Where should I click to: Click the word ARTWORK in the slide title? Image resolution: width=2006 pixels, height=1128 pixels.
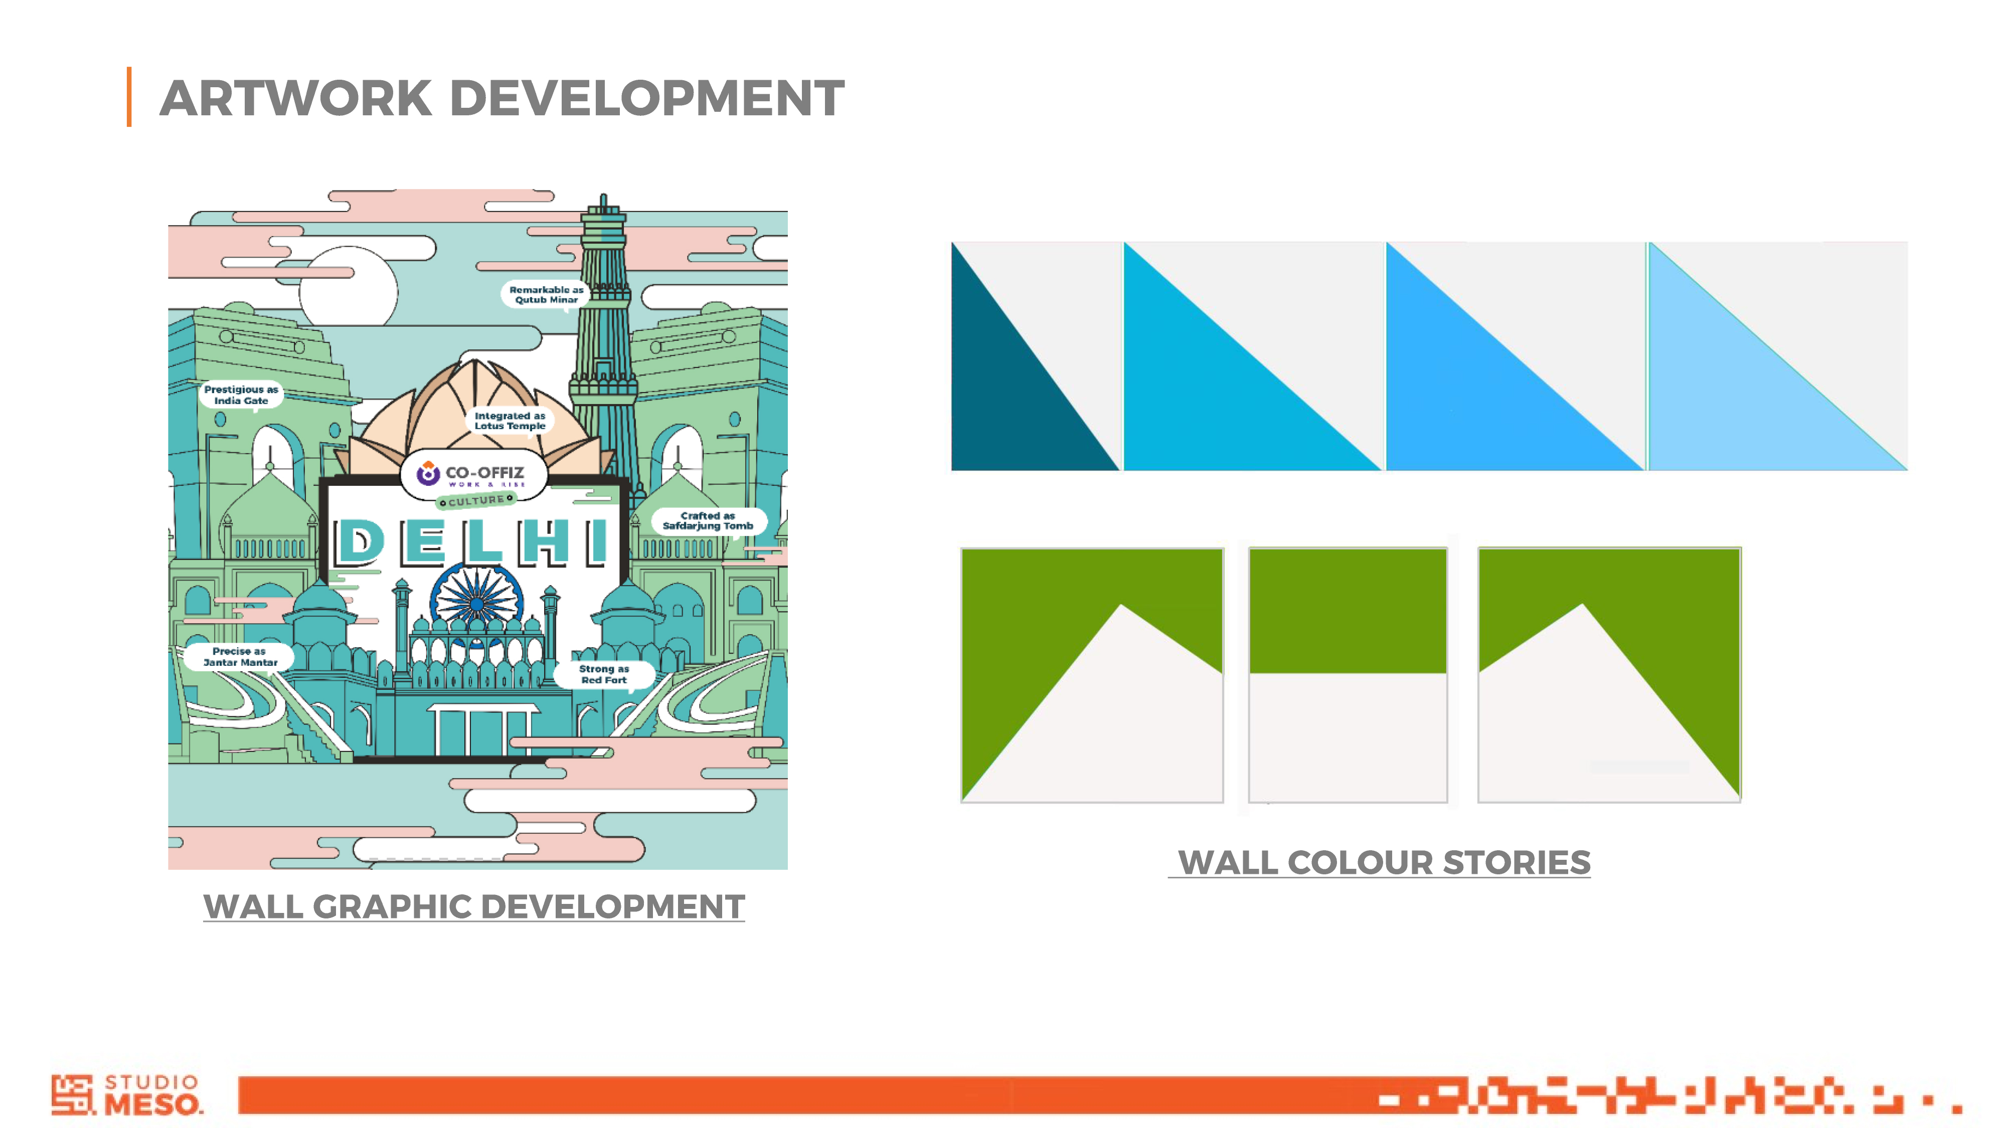click(x=296, y=98)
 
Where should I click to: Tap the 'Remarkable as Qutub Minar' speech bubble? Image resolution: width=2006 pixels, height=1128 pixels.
click(x=546, y=294)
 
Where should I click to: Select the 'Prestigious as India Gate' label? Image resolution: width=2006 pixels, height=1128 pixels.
click(x=241, y=395)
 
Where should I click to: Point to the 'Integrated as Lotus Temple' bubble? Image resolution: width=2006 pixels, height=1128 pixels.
click(x=510, y=421)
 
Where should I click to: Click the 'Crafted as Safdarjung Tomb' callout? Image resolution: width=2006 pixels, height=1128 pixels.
click(x=708, y=521)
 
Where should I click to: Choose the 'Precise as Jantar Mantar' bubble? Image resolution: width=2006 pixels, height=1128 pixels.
click(x=240, y=656)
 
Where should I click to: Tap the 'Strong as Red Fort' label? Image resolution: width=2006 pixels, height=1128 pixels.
click(x=603, y=674)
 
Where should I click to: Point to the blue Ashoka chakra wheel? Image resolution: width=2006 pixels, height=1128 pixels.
click(x=476, y=602)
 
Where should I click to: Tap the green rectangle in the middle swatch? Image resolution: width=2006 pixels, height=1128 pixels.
click(x=1348, y=611)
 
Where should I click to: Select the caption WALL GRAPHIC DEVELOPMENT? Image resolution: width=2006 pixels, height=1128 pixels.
click(x=474, y=907)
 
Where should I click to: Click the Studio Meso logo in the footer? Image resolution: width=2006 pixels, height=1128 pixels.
click(x=127, y=1094)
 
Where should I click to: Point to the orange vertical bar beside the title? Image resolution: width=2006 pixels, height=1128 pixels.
click(x=129, y=97)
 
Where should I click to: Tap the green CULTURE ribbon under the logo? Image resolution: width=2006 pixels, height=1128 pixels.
click(x=476, y=500)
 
